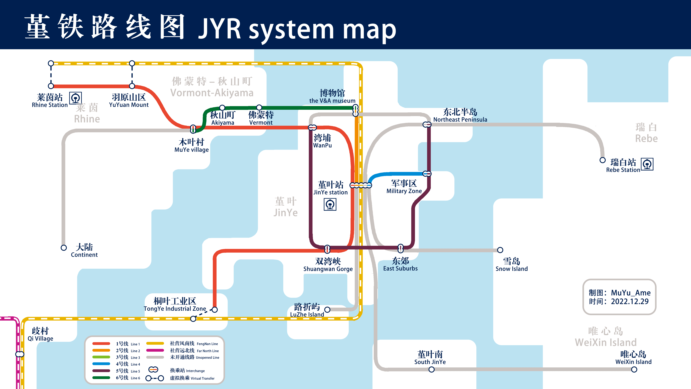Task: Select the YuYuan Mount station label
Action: click(129, 101)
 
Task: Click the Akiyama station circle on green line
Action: click(222, 108)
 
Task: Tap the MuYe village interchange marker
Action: click(193, 129)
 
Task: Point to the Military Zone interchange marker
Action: click(427, 174)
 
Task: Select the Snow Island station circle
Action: click(500, 250)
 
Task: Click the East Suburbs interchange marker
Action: click(400, 248)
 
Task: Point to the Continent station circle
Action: click(64, 248)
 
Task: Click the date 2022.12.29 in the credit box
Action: click(630, 301)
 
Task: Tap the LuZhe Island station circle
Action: click(327, 310)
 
